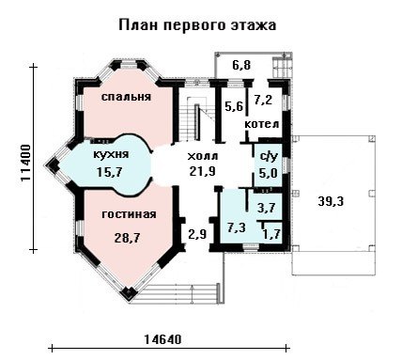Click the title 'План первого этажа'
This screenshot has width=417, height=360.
pos(197,25)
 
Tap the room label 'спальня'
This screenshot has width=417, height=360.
pos(126,97)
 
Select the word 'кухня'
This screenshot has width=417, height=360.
pos(111,154)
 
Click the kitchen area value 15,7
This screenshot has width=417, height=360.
pos(109,172)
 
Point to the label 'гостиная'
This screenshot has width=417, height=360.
pos(129,214)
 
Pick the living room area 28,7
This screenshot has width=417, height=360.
pos(127,238)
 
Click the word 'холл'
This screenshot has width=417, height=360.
pos(203,156)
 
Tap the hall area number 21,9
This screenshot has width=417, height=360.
pos(202,171)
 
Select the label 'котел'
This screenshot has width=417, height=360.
pos(262,124)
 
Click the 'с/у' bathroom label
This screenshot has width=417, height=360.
pos(270,157)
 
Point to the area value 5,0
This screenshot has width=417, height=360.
pos(268,173)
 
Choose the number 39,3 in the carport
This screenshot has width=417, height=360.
pos(331,201)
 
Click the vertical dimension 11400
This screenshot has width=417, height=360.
pos(25,163)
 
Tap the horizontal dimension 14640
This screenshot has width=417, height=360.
pos(162,339)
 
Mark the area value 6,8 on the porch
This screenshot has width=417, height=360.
pos(242,66)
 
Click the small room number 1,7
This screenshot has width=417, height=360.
pos(271,234)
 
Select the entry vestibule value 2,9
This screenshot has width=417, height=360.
pos(197,234)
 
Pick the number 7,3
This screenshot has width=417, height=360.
pos(237,227)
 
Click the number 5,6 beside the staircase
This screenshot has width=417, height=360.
pos(234,106)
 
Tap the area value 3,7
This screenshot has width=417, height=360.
pos(267,208)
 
